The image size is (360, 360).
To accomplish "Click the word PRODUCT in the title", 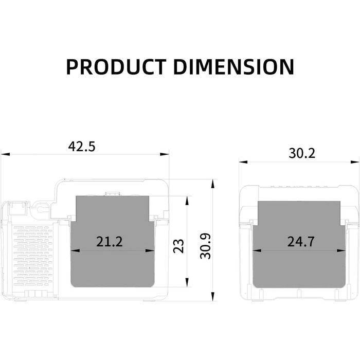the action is pos(116,67).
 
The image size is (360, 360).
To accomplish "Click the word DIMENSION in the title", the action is pos(233,67).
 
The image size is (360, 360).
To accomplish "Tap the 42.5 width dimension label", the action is pos(82,147).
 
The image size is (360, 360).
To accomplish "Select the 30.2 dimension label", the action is pos(302,153).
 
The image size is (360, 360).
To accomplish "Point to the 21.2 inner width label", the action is pos(110,242).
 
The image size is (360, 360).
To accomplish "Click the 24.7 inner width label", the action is pos(301,242).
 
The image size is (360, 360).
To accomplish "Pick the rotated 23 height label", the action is pos(178,246).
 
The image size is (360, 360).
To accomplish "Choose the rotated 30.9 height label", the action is pos(206,246).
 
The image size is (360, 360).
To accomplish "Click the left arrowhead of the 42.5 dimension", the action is pos(6,154).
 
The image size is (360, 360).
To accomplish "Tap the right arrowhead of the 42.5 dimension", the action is pos(165,154).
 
